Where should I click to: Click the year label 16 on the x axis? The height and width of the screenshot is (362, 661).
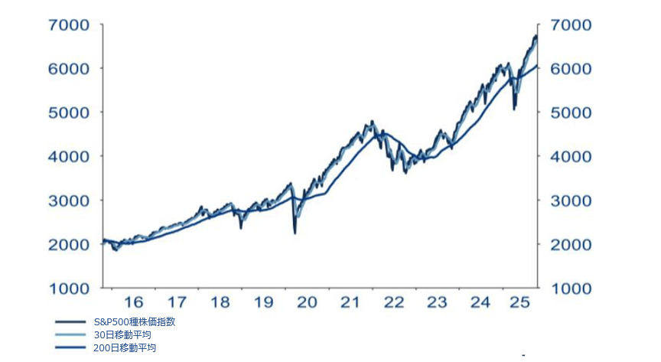click(134, 302)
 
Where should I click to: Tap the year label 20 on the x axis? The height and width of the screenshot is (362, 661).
click(307, 302)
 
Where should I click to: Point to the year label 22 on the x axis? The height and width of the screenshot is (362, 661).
click(393, 302)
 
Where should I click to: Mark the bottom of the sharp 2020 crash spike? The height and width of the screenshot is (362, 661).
click(295, 233)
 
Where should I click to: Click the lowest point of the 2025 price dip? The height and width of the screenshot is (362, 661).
click(514, 109)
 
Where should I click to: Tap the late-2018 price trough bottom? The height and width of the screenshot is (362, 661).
click(241, 227)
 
